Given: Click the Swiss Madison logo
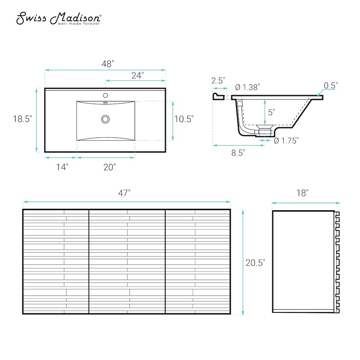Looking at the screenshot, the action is [x=59, y=18].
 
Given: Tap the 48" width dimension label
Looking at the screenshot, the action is [x=108, y=64].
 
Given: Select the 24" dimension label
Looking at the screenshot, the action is [x=138, y=75].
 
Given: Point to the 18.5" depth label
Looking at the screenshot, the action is [x=22, y=119].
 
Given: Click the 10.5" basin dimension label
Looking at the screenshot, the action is [x=184, y=119].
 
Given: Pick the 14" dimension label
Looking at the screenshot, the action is [x=62, y=167].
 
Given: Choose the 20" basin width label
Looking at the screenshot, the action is [x=109, y=167].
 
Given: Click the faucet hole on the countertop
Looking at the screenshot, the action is [x=105, y=95].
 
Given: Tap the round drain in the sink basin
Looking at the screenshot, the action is [x=105, y=119].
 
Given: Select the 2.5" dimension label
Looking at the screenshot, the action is [x=218, y=80].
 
